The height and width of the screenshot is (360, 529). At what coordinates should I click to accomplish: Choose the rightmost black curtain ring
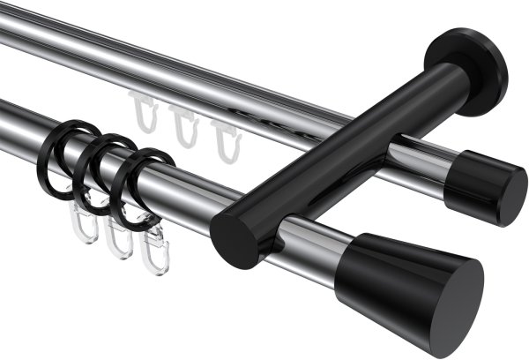pyautogui.click(x=133, y=186)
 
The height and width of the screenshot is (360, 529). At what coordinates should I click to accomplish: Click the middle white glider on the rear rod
pyautogui.click(x=183, y=126)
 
